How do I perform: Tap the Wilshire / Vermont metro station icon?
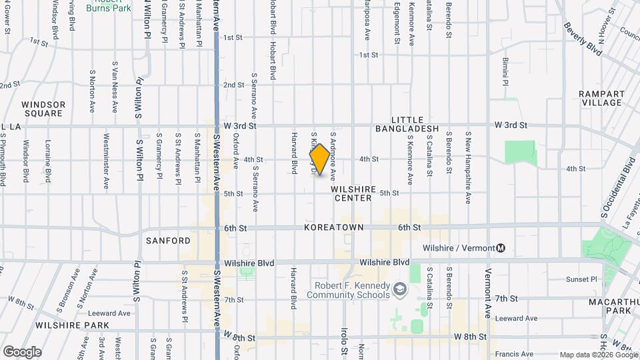coord(501,248)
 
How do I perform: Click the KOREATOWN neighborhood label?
coord(334,227)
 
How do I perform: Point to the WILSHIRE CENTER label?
coord(353,193)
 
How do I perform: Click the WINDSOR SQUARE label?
coord(43,109)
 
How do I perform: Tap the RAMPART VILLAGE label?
coord(601,98)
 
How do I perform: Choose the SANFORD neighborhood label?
coord(168,240)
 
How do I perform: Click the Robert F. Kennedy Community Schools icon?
coord(399,288)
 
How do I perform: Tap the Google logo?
coord(22,351)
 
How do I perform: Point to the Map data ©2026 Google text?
coord(598,355)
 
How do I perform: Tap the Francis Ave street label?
coord(515,353)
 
